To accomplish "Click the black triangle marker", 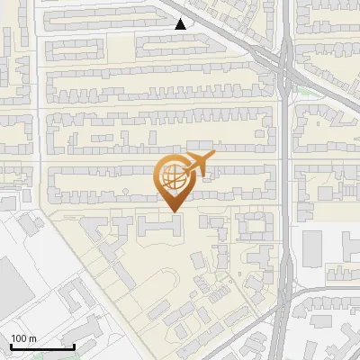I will (x=181, y=24).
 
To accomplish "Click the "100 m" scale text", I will (x=23, y=338).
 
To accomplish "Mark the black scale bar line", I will (x=41, y=346).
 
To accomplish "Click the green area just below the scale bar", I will (x=45, y=355).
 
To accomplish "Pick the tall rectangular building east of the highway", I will (x=313, y=251).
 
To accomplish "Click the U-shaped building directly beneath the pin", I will (x=159, y=225).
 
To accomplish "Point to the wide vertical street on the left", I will (x=40, y=108).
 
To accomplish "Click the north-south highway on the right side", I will (x=285, y=180).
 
